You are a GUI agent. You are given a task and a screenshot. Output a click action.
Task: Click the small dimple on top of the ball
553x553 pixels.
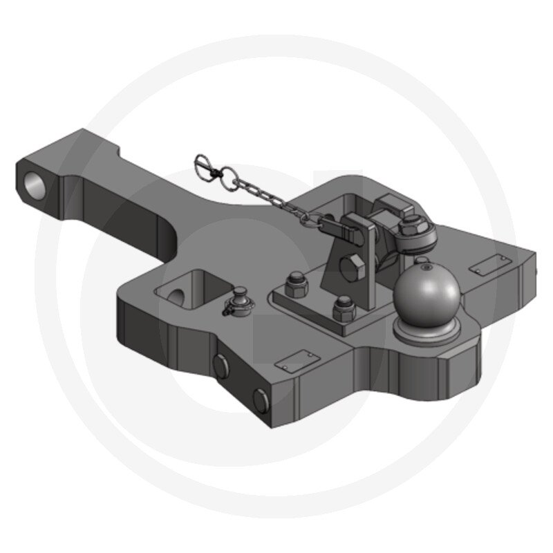(x=421, y=261)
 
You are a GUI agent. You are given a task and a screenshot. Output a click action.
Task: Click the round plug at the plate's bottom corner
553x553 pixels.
(x=260, y=398)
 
